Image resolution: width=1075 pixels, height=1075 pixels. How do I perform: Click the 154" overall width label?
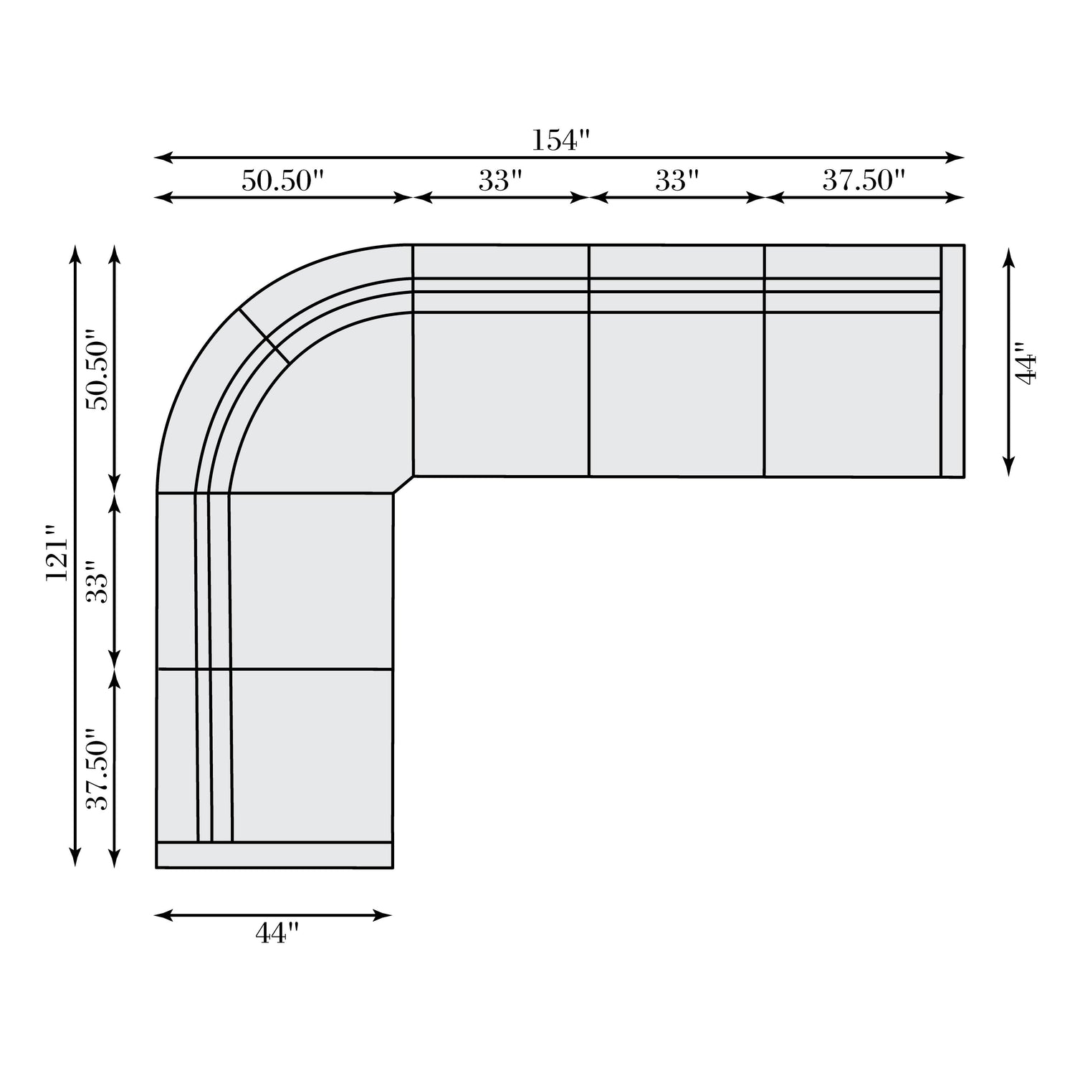560,140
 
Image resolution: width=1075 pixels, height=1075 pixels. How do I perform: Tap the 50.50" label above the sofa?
282,181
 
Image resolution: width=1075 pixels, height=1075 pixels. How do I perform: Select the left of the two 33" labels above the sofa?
500,181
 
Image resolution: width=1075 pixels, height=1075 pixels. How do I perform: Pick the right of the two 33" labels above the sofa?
677,181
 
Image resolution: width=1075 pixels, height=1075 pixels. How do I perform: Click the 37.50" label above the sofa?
864,181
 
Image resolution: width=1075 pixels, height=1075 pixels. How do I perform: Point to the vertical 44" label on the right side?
1026,368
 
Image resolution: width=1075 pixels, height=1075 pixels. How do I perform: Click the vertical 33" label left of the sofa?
98,582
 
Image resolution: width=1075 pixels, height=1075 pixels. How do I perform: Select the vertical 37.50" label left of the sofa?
98,770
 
